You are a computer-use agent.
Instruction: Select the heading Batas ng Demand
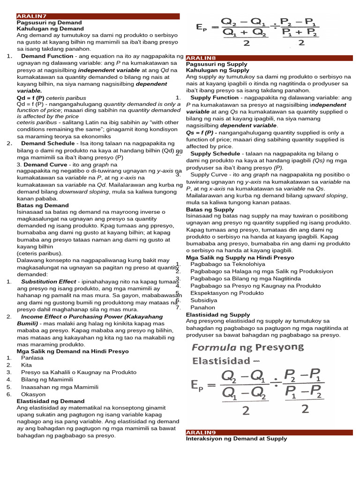pos(42,205)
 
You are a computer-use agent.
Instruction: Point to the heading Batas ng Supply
pos(210,210)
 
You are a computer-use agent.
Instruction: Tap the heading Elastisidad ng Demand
pos(51,401)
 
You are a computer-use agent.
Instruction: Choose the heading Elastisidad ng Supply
pos(218,315)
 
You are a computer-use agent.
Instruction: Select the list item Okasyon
pos(34,394)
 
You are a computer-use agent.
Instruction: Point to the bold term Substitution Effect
pos(49,282)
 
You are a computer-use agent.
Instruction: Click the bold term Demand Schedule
pos(49,143)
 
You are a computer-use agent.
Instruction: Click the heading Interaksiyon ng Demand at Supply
pos(236,439)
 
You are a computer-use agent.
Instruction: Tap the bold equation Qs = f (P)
pos(201,132)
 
